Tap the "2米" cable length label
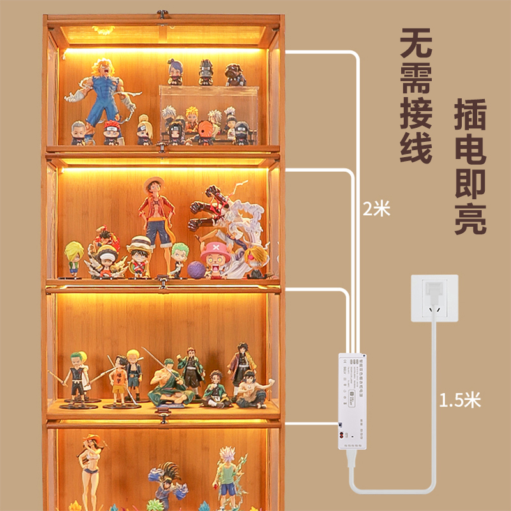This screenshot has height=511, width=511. (x=374, y=209)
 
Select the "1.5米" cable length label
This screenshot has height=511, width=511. (x=459, y=400)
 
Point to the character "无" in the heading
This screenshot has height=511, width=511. (x=416, y=43)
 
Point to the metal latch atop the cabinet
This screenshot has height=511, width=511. (x=163, y=13)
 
